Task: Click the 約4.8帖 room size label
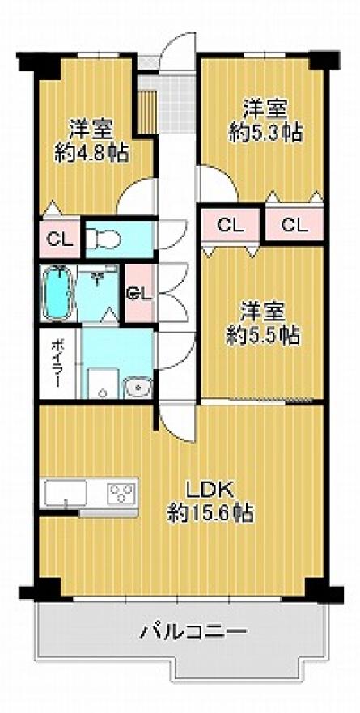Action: tap(91, 153)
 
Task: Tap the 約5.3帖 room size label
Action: tap(265, 133)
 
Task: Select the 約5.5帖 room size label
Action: tap(264, 335)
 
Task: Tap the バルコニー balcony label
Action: tap(194, 631)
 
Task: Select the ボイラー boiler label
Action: tap(58, 363)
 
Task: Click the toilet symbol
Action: tap(104, 238)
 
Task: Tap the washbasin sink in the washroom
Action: tap(138, 388)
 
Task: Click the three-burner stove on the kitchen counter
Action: tap(121, 493)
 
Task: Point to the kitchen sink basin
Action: tap(66, 493)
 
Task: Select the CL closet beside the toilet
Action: tap(59, 239)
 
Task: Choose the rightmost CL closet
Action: tap(294, 224)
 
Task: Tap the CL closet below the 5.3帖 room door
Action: tap(231, 224)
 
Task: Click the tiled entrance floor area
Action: tap(176, 104)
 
